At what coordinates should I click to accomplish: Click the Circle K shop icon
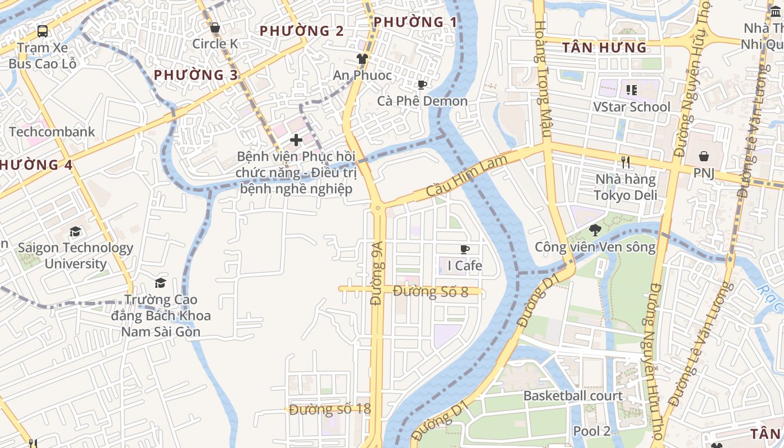[x=214, y=28]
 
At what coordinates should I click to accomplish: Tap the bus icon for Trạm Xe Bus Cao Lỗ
[x=43, y=31]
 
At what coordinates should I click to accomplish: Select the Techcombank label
[x=52, y=132]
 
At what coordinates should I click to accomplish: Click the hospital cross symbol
[x=296, y=139]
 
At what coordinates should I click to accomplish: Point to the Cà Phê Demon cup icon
[x=422, y=85]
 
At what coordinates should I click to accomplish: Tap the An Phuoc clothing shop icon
[x=362, y=59]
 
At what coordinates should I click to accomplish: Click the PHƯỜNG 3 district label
[x=196, y=74]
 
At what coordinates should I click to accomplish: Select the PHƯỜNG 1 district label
[x=415, y=22]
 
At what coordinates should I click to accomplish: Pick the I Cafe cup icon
[x=464, y=249]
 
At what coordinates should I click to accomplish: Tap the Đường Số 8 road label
[x=430, y=291]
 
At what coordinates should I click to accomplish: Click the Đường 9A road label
[x=377, y=273]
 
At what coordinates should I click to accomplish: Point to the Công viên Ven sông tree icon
[x=595, y=230]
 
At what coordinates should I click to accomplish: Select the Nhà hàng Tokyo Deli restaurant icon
[x=626, y=162]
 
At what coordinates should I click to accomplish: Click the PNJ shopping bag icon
[x=703, y=156]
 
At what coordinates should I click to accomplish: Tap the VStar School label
[x=632, y=107]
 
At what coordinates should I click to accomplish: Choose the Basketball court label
[x=573, y=396]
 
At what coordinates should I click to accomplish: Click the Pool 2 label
[x=591, y=431]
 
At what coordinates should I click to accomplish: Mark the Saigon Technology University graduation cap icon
[x=75, y=231]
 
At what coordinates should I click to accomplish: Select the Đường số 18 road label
[x=330, y=409]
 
